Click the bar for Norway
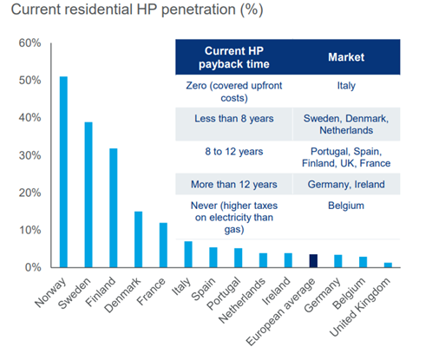coord(63,172)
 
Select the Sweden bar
coord(88,194)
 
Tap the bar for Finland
coord(114,208)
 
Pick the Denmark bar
coord(138,239)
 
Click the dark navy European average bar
coord(313,261)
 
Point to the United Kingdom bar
coord(388,265)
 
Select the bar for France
coord(163,245)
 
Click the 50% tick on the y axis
coord(29,80)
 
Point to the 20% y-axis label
coord(29,193)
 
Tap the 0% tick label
coord(33,267)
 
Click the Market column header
coord(346,57)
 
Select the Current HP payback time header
coord(234,57)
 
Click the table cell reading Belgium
coord(346,206)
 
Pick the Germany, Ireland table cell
coord(346,184)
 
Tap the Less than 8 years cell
coord(234,119)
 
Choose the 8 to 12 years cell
coord(234,151)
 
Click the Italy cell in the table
coord(346,86)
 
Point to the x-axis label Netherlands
coord(242,299)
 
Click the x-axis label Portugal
coord(224,292)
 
